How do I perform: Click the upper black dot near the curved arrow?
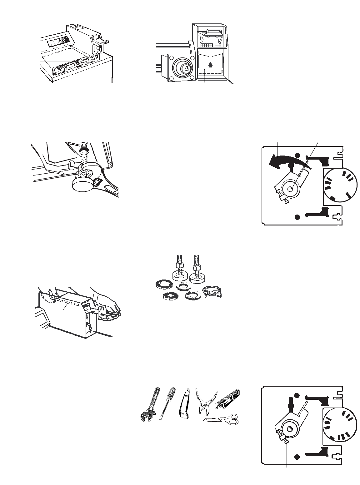(297, 155)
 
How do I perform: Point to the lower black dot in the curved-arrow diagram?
(297, 216)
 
